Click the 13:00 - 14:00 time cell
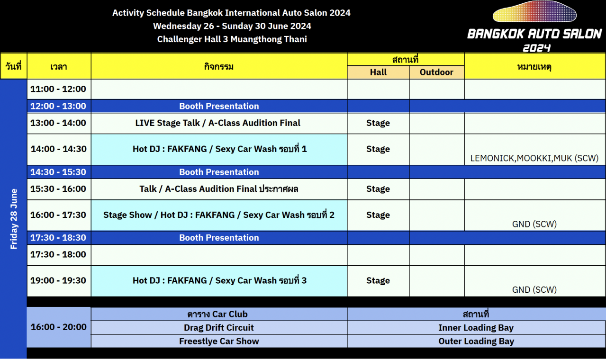coord(59,123)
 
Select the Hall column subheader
coord(378,72)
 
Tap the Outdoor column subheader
coord(437,72)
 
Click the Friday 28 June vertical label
coord(14,219)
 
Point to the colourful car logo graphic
coord(534,11)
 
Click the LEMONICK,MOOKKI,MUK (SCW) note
coord(534,158)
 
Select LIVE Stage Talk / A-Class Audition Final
coord(218,123)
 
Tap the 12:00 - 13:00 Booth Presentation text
coord(219,106)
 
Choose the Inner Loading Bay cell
coord(476,327)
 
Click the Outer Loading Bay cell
coord(476,341)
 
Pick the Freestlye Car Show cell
coord(219,341)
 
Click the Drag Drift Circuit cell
coord(219,327)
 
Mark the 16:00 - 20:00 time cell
coord(59,327)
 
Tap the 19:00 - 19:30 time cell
coord(59,281)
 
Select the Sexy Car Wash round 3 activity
coord(219,280)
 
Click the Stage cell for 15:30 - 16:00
coord(378,189)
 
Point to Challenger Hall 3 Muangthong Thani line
coord(232,39)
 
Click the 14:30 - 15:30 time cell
coord(59,172)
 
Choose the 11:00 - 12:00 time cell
coord(59,89)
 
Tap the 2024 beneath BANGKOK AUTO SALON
coord(536,48)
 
